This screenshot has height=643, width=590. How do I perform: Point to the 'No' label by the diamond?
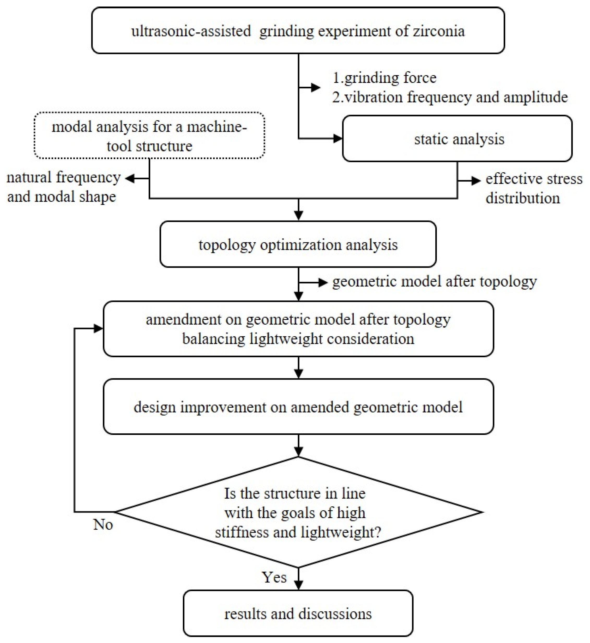point(103,524)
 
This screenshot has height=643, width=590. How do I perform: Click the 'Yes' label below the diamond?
point(274,577)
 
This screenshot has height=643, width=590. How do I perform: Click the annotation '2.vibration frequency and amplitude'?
point(449,97)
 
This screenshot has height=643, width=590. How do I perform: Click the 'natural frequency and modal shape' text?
point(63,187)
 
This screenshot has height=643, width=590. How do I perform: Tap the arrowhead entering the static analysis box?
point(338,138)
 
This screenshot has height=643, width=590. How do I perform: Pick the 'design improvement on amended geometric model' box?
point(298,407)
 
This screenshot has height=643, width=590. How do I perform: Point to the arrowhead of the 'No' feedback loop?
point(98,328)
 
